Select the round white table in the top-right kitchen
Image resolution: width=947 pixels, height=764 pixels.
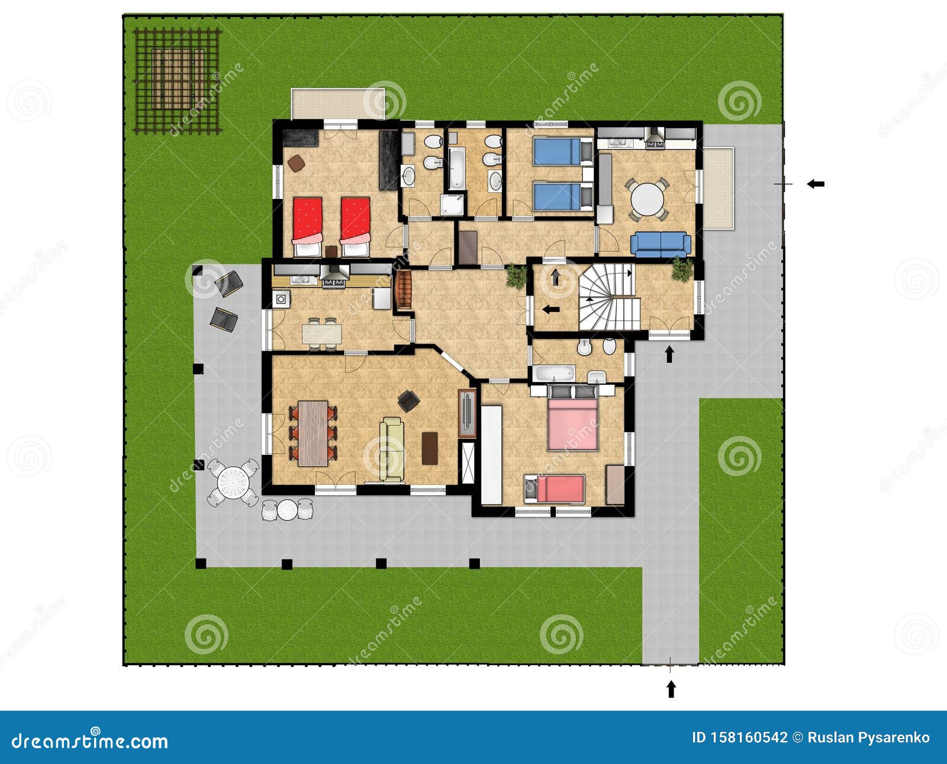point(648,200)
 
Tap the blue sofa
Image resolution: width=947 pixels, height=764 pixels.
point(661,244)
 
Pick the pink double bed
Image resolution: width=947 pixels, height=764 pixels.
point(572,424)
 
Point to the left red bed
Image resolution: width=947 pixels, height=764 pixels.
point(307,226)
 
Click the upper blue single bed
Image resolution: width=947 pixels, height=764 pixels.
point(560,152)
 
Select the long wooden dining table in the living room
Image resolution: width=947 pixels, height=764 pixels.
point(313,433)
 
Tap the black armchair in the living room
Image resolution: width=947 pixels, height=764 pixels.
point(409,401)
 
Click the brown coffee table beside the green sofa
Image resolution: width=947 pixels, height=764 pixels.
point(430,448)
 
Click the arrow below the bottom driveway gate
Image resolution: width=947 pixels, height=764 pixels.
point(671,689)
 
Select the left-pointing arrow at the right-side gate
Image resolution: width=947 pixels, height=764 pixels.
point(816,184)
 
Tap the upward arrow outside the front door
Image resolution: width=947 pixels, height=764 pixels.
point(669,354)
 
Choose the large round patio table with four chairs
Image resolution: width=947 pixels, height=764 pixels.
point(233,481)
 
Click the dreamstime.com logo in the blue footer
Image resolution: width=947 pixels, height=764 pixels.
point(90,740)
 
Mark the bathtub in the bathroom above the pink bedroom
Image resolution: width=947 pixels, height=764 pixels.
point(554,373)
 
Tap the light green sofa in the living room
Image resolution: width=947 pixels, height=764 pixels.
point(391,448)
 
